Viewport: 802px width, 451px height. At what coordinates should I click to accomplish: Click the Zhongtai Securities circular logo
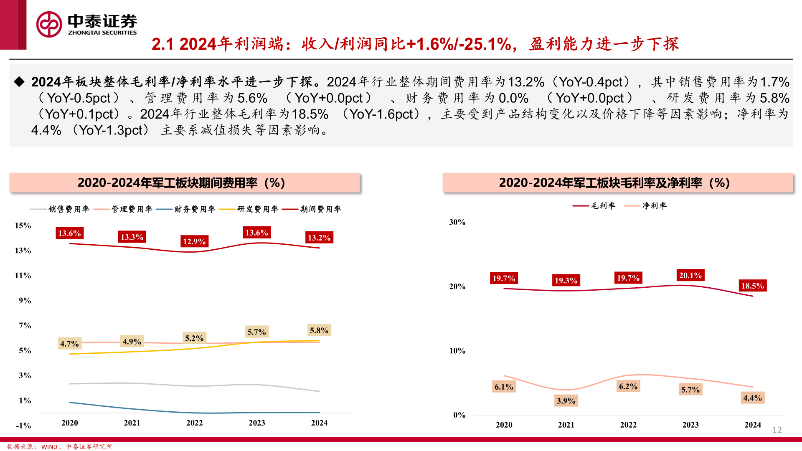pos(49,25)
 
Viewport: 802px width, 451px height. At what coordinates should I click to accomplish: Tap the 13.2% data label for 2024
pos(319,238)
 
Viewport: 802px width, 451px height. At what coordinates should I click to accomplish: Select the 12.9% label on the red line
pos(194,241)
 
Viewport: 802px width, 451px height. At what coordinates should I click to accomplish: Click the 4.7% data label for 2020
pos(69,344)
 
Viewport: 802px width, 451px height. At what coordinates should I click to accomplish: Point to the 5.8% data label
pos(319,330)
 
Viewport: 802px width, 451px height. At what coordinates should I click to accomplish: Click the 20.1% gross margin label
pos(690,275)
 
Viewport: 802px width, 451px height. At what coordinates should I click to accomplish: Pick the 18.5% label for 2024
pos(752,286)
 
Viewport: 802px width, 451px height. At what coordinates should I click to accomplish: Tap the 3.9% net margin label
pos(566,401)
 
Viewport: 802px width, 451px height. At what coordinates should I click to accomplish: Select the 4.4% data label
pos(752,398)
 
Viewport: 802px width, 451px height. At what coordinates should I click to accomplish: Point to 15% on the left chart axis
pos(23,225)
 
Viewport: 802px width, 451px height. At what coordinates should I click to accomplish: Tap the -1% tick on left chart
pos(23,426)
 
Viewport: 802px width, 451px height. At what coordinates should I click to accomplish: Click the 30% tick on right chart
pos(457,222)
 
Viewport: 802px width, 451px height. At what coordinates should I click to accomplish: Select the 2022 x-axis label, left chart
pos(194,423)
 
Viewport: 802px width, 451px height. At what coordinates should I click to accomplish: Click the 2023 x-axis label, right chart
pos(690,425)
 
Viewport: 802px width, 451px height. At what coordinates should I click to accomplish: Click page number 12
pos(777,430)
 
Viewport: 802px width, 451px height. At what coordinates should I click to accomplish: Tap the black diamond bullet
pos(19,81)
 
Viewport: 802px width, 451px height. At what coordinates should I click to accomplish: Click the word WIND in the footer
pos(49,447)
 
